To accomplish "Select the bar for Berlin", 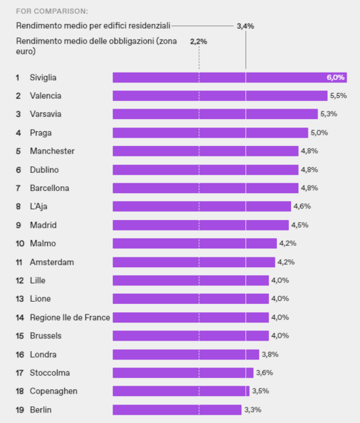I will (x=177, y=410).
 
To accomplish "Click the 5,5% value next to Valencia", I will (x=339, y=95).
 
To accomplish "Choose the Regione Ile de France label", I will (x=70, y=317).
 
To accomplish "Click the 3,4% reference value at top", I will (x=245, y=26).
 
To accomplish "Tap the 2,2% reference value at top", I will (x=199, y=42).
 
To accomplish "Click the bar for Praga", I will (x=210, y=133).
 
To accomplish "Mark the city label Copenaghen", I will (x=54, y=391).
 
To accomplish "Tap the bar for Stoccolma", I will (x=182, y=373).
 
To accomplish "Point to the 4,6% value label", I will (x=302, y=207).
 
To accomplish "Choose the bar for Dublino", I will (x=205, y=169).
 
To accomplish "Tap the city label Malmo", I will (x=43, y=243).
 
